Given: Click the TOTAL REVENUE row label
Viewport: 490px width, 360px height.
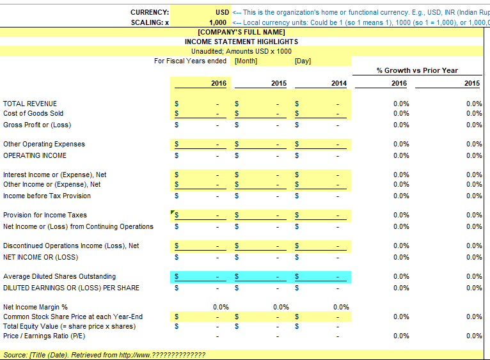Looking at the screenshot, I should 30,104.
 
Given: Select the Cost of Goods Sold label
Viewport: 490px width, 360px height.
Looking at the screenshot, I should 33,113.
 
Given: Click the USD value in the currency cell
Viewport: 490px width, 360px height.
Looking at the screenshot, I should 222,12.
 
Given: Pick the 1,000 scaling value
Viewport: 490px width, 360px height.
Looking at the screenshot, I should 218,22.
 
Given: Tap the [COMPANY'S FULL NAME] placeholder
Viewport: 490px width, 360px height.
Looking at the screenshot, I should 241,32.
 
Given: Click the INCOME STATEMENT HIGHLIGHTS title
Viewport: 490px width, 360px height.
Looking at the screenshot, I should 241,42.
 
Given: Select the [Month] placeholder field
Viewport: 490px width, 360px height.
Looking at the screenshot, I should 246,61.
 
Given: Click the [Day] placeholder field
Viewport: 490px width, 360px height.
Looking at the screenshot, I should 303,61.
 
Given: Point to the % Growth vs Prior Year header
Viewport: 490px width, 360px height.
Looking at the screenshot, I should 417,70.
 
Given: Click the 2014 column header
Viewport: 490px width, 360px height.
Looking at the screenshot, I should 338,83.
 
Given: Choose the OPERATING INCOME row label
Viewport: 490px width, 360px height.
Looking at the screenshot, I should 35,155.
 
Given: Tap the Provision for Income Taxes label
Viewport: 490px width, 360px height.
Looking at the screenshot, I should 45,215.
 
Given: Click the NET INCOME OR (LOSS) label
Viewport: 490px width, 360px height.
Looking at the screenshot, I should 40,257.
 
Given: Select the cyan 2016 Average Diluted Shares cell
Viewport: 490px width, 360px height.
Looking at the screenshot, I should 199,276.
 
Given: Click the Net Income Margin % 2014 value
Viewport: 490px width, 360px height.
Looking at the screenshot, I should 341,307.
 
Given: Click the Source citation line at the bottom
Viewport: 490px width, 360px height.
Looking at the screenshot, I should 104,355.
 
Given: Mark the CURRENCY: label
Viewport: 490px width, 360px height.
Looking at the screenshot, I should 150,12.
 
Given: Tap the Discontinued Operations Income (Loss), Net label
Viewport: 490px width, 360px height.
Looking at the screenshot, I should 71,246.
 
